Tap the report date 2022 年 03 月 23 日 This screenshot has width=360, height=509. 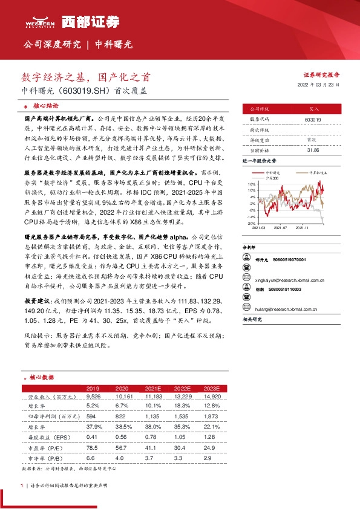pyautogui.click(x=319, y=85)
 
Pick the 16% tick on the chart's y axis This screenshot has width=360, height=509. pyautogui.click(x=251, y=183)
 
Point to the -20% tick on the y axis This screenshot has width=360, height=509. pyautogui.click(x=251, y=223)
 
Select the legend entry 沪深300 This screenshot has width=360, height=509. pyautogui.click(x=274, y=178)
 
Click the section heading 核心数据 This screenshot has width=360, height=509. pyautogui.click(x=43, y=377)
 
